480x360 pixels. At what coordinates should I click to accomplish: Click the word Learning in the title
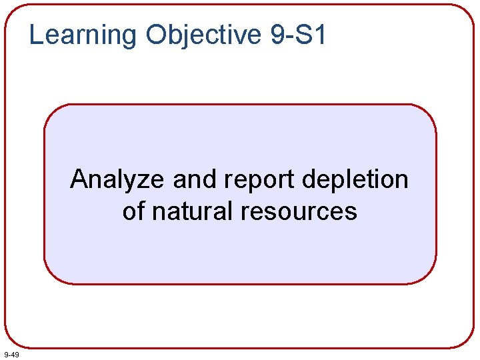click(83, 35)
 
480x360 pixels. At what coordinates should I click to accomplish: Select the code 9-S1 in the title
click(299, 35)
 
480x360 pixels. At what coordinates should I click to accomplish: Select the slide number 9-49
click(11, 353)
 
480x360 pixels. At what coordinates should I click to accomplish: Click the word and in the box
click(194, 179)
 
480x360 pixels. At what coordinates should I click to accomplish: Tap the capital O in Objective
click(155, 35)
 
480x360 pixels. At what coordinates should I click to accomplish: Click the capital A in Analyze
click(79, 179)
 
